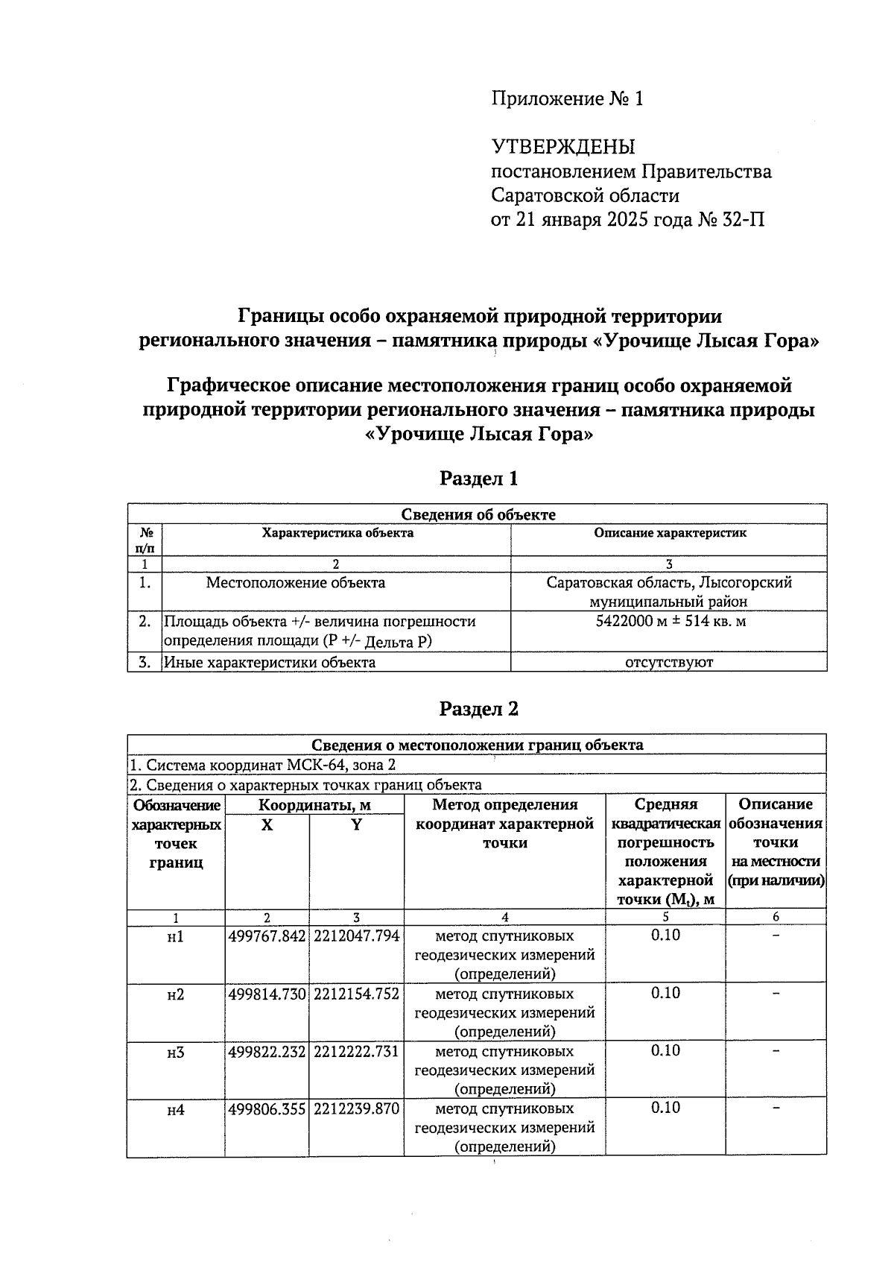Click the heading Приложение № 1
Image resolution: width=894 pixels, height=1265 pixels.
pos(566,99)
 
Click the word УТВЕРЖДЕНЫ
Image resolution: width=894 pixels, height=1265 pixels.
pos(562,147)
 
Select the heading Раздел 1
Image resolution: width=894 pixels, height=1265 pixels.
pos(478,479)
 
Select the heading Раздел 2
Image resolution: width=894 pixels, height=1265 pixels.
pos(478,709)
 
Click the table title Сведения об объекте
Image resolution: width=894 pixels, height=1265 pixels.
pos(478,514)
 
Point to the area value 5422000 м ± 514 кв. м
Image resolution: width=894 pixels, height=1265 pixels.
pos(670,621)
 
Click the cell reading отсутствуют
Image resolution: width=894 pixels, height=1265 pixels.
pos(669,662)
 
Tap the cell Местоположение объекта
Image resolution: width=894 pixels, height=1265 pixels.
pos(296,583)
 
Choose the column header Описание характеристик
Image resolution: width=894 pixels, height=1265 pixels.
pos(670,533)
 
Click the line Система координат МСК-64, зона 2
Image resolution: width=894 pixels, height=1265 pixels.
pos(262,765)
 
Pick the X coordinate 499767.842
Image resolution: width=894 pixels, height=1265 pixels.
pos(267,936)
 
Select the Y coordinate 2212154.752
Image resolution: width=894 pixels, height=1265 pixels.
pos(356,994)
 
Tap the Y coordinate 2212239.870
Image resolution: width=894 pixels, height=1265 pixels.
pos(356,1109)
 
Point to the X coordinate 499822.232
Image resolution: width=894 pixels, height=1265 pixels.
pos(267,1051)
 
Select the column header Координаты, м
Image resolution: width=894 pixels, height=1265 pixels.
pos(314,805)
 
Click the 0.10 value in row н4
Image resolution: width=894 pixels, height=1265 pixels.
pos(665,1108)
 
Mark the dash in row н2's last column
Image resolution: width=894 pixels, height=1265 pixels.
pos(776,993)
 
